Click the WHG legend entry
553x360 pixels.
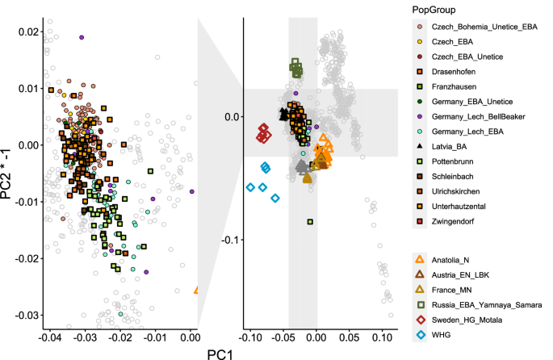pyautogui.click(x=442, y=336)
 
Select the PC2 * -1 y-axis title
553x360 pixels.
pyautogui.click(x=9, y=170)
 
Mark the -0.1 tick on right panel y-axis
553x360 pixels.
pyautogui.click(x=229, y=240)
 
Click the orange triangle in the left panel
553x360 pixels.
pyautogui.click(x=195, y=289)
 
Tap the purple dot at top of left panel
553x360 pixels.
pyautogui.click(x=82, y=37)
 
